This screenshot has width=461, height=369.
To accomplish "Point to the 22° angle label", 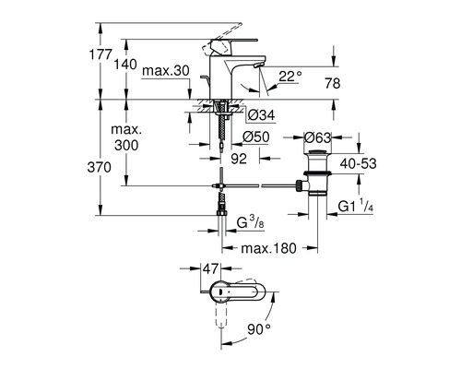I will coord(291,77).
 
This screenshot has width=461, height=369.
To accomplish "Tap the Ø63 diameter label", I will coord(316,137).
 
